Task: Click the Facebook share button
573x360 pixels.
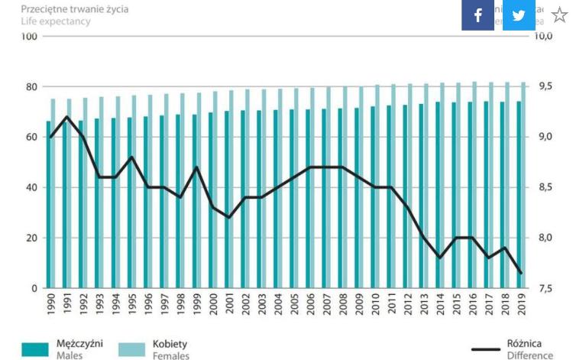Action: (477, 15)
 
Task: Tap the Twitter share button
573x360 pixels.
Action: (518, 15)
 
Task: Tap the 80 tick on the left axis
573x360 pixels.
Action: (32, 87)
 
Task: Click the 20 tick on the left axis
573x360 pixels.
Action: (32, 238)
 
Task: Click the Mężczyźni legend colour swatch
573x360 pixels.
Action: (34, 349)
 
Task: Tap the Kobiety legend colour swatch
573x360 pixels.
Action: (131, 349)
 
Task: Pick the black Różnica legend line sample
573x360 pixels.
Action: (484, 350)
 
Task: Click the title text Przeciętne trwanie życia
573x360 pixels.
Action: (75, 9)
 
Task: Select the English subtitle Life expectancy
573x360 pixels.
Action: (56, 21)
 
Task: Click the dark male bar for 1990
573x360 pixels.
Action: (49, 206)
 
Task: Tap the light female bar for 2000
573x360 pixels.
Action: (215, 191)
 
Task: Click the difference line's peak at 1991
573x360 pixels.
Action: (67, 117)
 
